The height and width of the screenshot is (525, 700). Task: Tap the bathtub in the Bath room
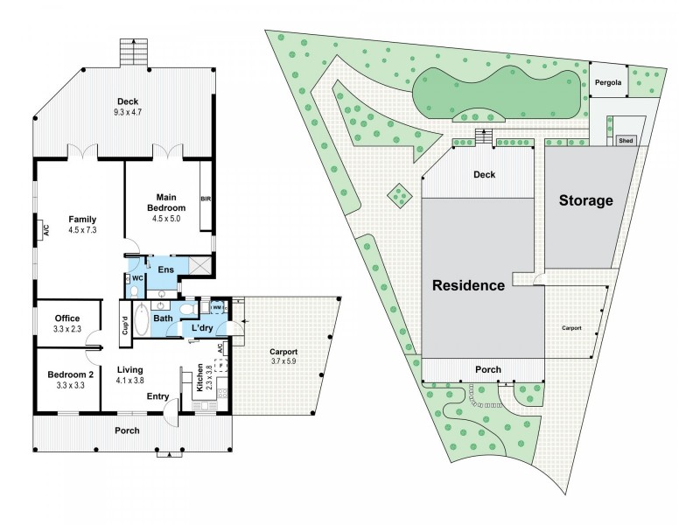(x=163, y=306)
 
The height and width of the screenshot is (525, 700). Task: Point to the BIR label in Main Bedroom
(x=206, y=197)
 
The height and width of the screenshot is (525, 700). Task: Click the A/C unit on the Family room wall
(x=43, y=231)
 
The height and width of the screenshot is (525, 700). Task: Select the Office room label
(x=67, y=318)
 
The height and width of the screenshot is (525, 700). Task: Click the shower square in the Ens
(x=197, y=264)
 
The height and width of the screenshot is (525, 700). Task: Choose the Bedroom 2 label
(x=67, y=374)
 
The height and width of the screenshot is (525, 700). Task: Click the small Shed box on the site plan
(x=626, y=140)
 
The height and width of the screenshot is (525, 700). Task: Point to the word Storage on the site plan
(x=586, y=200)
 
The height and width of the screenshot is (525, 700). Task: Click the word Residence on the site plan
(x=468, y=285)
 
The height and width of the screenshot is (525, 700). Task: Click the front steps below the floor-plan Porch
(x=166, y=454)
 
